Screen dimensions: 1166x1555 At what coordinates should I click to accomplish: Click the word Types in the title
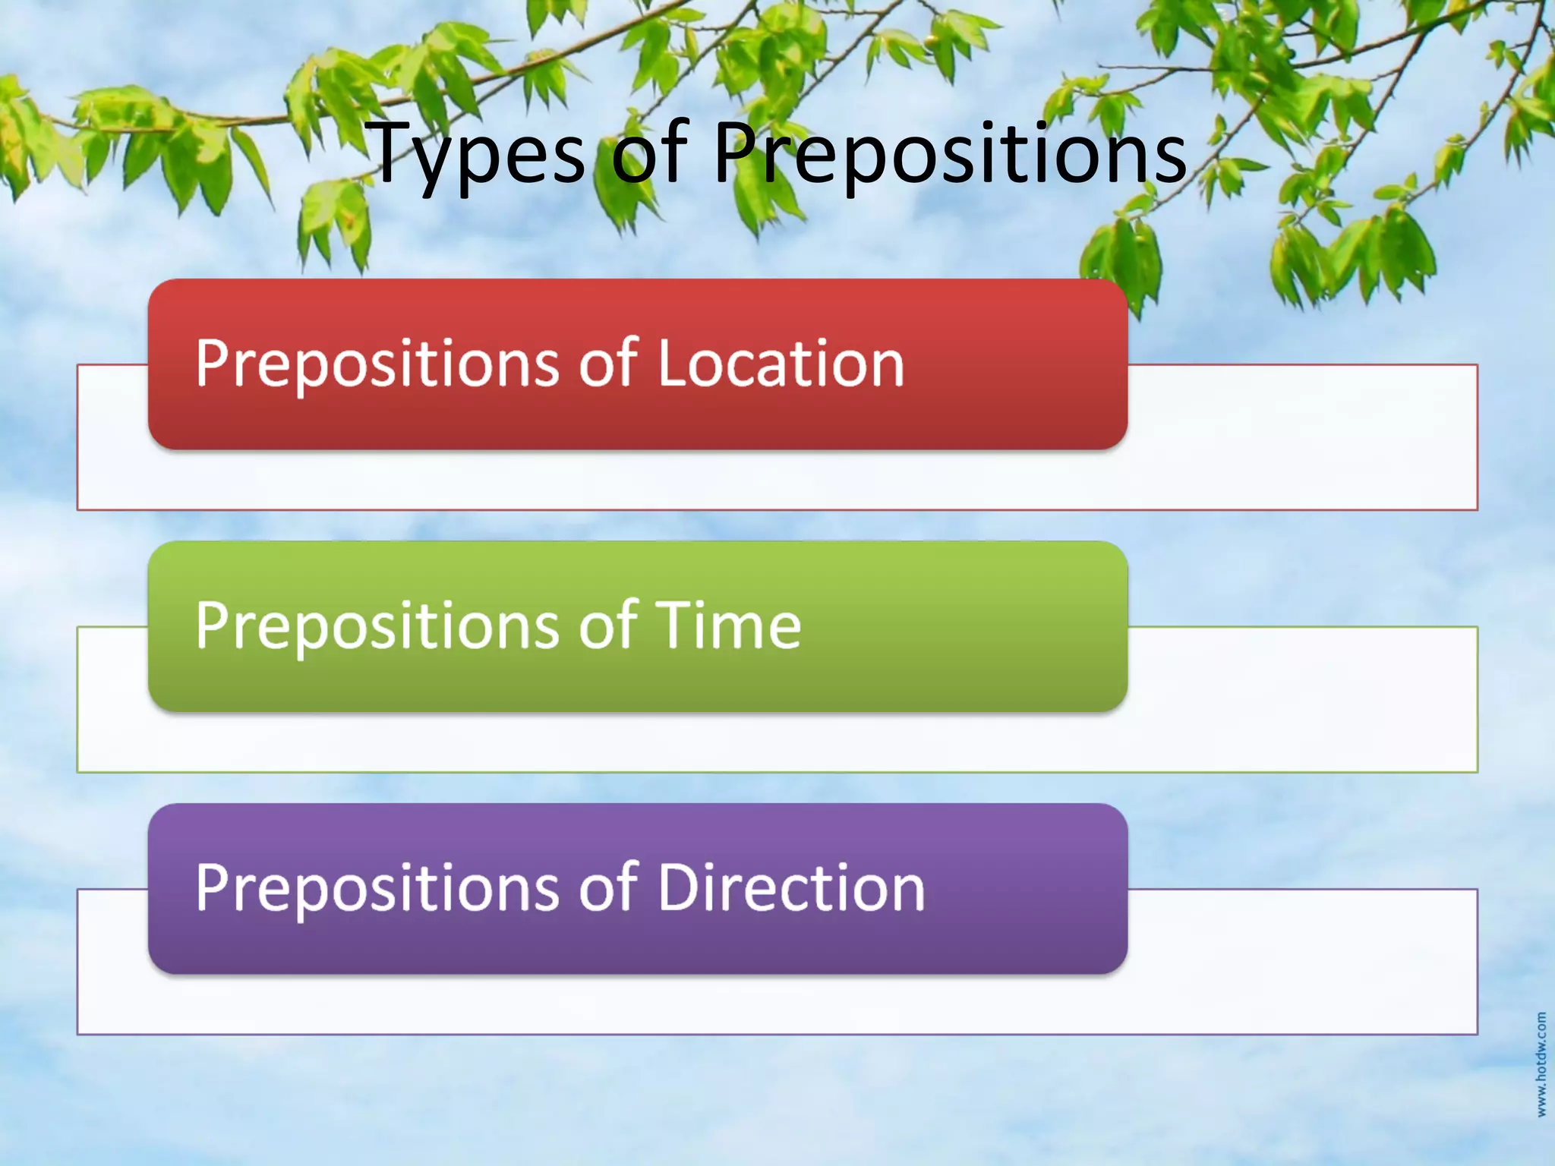[x=478, y=156]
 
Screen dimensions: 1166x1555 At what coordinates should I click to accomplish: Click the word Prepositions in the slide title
[x=949, y=156]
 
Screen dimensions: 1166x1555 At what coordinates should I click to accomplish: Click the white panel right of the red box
[x=1302, y=436]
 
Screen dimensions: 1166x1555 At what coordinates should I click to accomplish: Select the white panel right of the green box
[x=1302, y=698]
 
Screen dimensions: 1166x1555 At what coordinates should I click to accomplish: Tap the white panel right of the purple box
[x=1302, y=960]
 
